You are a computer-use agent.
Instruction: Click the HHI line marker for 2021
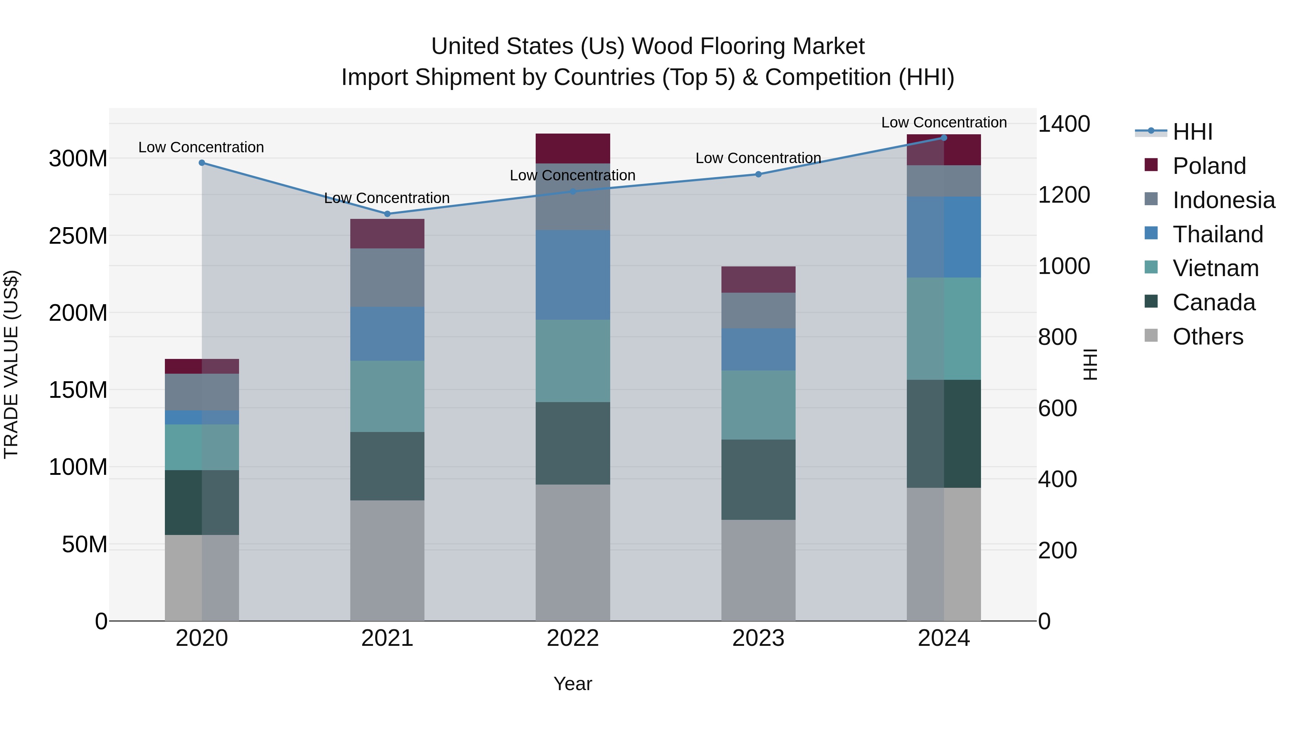(387, 214)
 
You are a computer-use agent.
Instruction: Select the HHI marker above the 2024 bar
(944, 138)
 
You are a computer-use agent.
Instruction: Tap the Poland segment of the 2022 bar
(572, 148)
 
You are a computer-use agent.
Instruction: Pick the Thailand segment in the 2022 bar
(572, 275)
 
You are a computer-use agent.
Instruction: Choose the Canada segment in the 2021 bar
(387, 466)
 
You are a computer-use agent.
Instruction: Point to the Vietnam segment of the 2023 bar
(758, 405)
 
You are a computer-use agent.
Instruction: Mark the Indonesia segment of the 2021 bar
(387, 278)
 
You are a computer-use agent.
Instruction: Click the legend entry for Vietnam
(1215, 268)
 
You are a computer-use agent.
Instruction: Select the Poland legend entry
(1209, 166)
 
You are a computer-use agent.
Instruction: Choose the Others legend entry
(1207, 337)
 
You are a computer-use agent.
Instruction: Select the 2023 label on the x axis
(758, 638)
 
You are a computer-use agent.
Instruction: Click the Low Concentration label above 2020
(201, 147)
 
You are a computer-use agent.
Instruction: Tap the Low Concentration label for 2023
(758, 158)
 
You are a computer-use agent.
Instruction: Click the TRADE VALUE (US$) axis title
(11, 364)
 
